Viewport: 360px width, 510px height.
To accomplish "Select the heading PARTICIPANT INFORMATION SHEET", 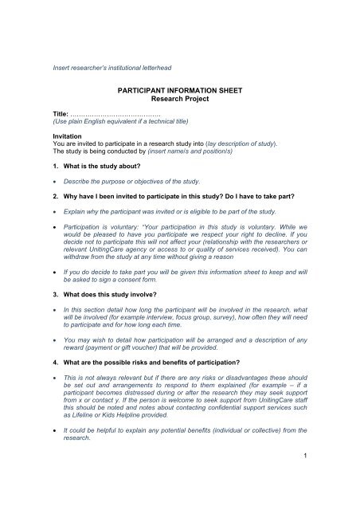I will pyautogui.click(x=178, y=92).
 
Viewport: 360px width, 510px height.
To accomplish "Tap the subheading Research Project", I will pyautogui.click(x=178, y=102).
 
